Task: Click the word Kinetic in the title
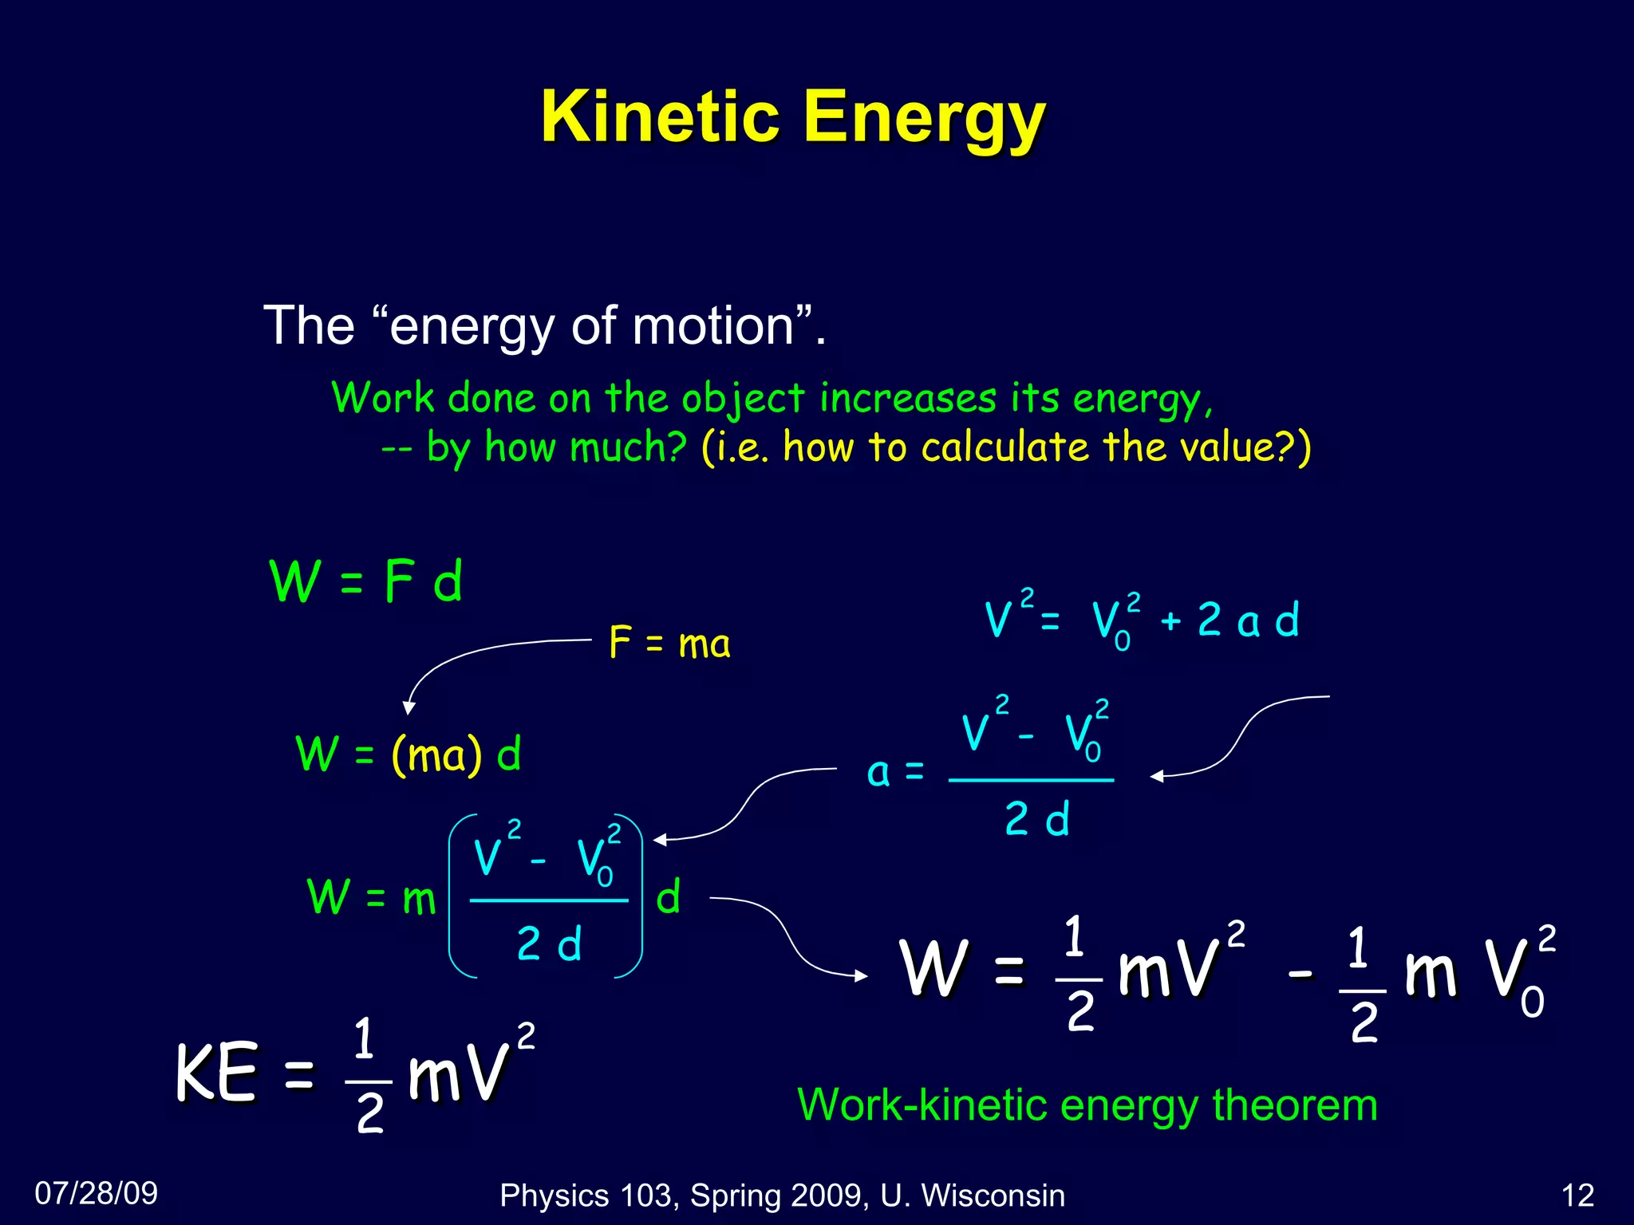659,117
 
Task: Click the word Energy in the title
924,120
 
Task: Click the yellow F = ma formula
669,643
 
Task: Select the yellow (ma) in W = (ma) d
437,754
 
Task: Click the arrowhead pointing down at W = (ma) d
408,708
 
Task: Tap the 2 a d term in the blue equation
1249,620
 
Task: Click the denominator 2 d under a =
1036,819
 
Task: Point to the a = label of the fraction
894,772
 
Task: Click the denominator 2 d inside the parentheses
549,944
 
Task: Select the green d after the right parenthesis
668,898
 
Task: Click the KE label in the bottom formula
217,1073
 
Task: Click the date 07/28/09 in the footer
97,1194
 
